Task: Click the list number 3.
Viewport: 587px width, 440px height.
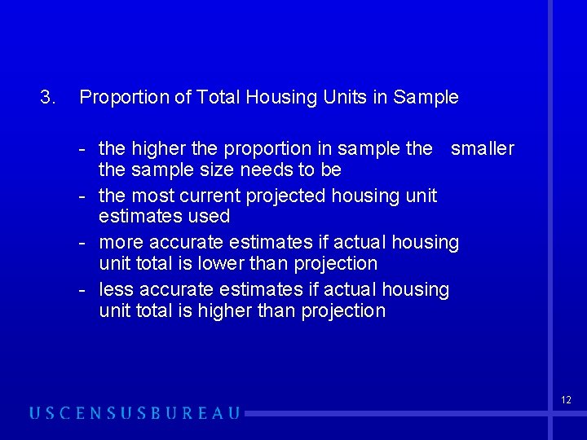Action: [x=47, y=98]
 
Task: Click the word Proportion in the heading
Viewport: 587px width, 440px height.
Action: [x=119, y=98]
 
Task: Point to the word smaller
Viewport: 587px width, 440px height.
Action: [x=483, y=148]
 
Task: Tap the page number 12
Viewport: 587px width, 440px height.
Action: [x=566, y=400]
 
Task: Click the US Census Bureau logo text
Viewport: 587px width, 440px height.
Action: [x=135, y=413]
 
